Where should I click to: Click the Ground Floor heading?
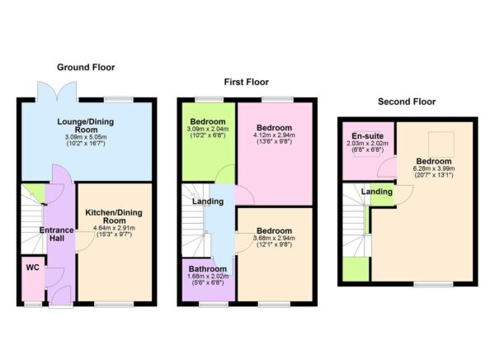click(x=86, y=68)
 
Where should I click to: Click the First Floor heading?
click(x=247, y=82)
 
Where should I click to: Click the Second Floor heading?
click(x=407, y=102)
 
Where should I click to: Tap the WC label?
click(x=32, y=268)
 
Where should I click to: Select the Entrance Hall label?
click(x=56, y=234)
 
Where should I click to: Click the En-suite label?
click(x=365, y=135)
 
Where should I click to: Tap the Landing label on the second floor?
click(x=378, y=192)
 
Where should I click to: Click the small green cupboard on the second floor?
click(x=356, y=270)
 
